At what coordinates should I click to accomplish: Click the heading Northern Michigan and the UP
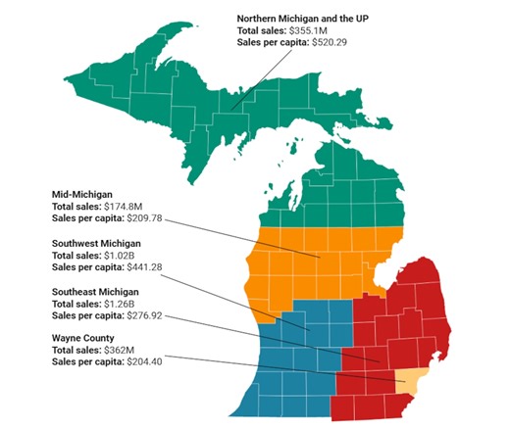coord(302,18)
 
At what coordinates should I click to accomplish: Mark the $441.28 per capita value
coord(149,266)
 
